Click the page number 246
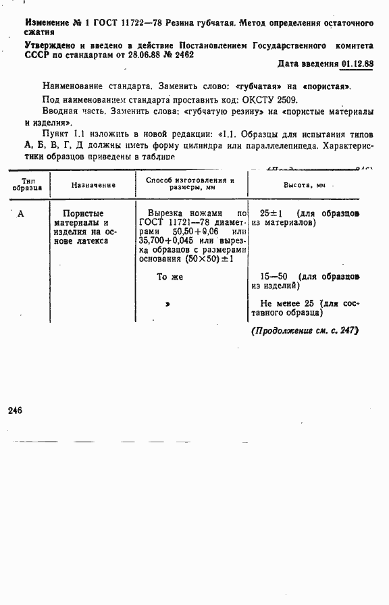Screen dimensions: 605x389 point(15,410)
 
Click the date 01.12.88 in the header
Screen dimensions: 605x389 point(357,64)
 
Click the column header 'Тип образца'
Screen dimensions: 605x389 point(27,185)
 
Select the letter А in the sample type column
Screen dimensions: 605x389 point(20,214)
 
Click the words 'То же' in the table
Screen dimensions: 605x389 point(170,276)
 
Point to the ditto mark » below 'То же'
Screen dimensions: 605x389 point(167,305)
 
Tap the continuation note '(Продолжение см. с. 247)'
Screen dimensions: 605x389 point(305,331)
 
